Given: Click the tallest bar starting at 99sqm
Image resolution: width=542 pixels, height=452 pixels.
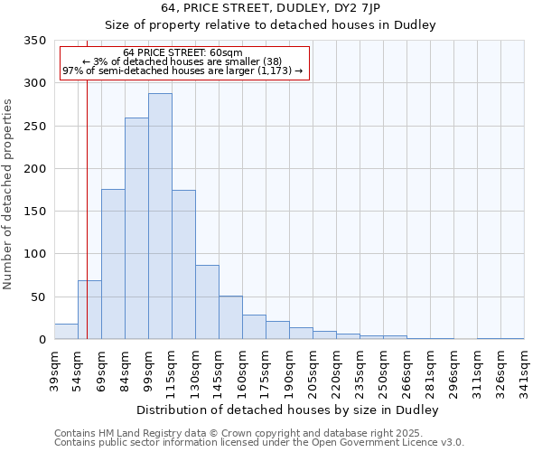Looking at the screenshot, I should pyautogui.click(x=160, y=217).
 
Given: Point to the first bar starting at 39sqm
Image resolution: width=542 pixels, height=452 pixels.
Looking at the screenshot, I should pyautogui.click(x=66, y=332).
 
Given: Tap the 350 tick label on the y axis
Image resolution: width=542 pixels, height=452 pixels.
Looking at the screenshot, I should pyautogui.click(x=34, y=41).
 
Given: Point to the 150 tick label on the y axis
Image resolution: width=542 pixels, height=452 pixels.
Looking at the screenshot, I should pyautogui.click(x=34, y=212).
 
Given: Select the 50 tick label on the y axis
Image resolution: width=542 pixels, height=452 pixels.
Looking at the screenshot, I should pyautogui.click(x=38, y=297).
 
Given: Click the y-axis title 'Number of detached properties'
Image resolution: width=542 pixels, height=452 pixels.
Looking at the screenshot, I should pyautogui.click(x=8, y=194).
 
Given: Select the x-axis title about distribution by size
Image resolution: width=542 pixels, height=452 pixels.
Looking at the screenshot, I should pyautogui.click(x=289, y=410).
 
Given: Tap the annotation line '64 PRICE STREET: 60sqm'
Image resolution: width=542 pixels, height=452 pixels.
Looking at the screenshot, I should pyautogui.click(x=183, y=53).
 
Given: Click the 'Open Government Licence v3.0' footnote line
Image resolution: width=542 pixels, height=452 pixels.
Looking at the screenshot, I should pyautogui.click(x=259, y=442).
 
